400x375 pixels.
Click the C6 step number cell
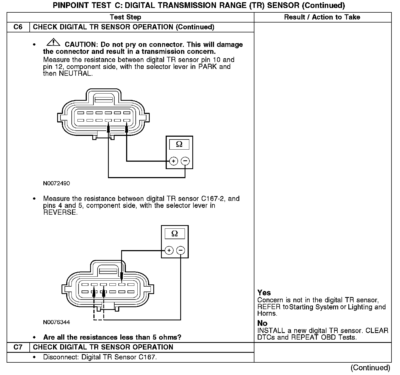tap(18, 27)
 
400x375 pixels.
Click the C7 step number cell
tap(18, 347)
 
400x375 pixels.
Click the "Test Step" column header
tap(125, 17)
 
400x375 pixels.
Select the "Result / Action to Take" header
tap(322, 17)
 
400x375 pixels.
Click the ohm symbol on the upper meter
tap(179, 144)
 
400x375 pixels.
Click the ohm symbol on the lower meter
tap(174, 234)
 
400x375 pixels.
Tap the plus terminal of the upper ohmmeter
tap(174, 161)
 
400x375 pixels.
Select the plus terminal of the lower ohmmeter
tap(169, 250)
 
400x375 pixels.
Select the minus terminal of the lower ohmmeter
tap(180, 250)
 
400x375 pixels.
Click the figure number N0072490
tap(56, 183)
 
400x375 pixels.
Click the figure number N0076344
tap(56, 322)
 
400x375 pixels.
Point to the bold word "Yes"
tap(264, 293)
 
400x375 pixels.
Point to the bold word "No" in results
tap(262, 323)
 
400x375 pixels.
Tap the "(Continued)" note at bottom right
tap(370, 368)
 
